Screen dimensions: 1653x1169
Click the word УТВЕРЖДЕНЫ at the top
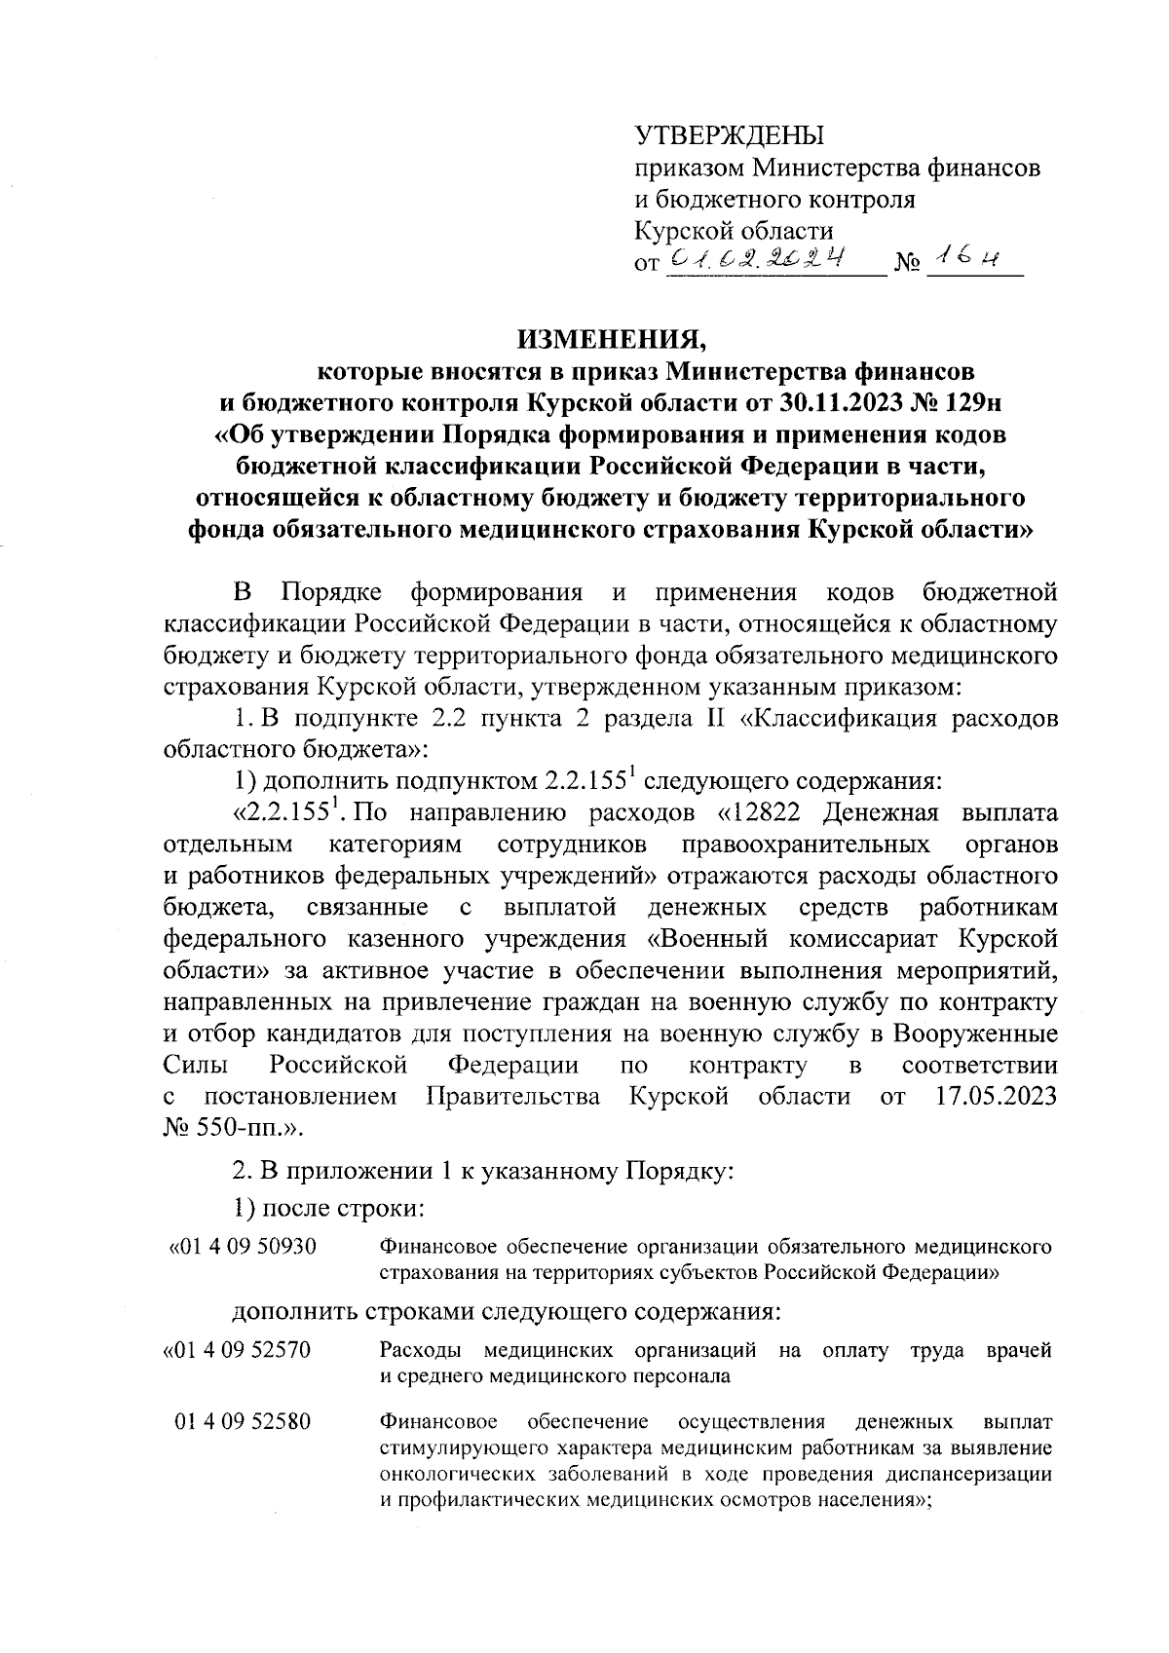(728, 135)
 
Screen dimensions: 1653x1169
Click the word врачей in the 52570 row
(1019, 1350)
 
